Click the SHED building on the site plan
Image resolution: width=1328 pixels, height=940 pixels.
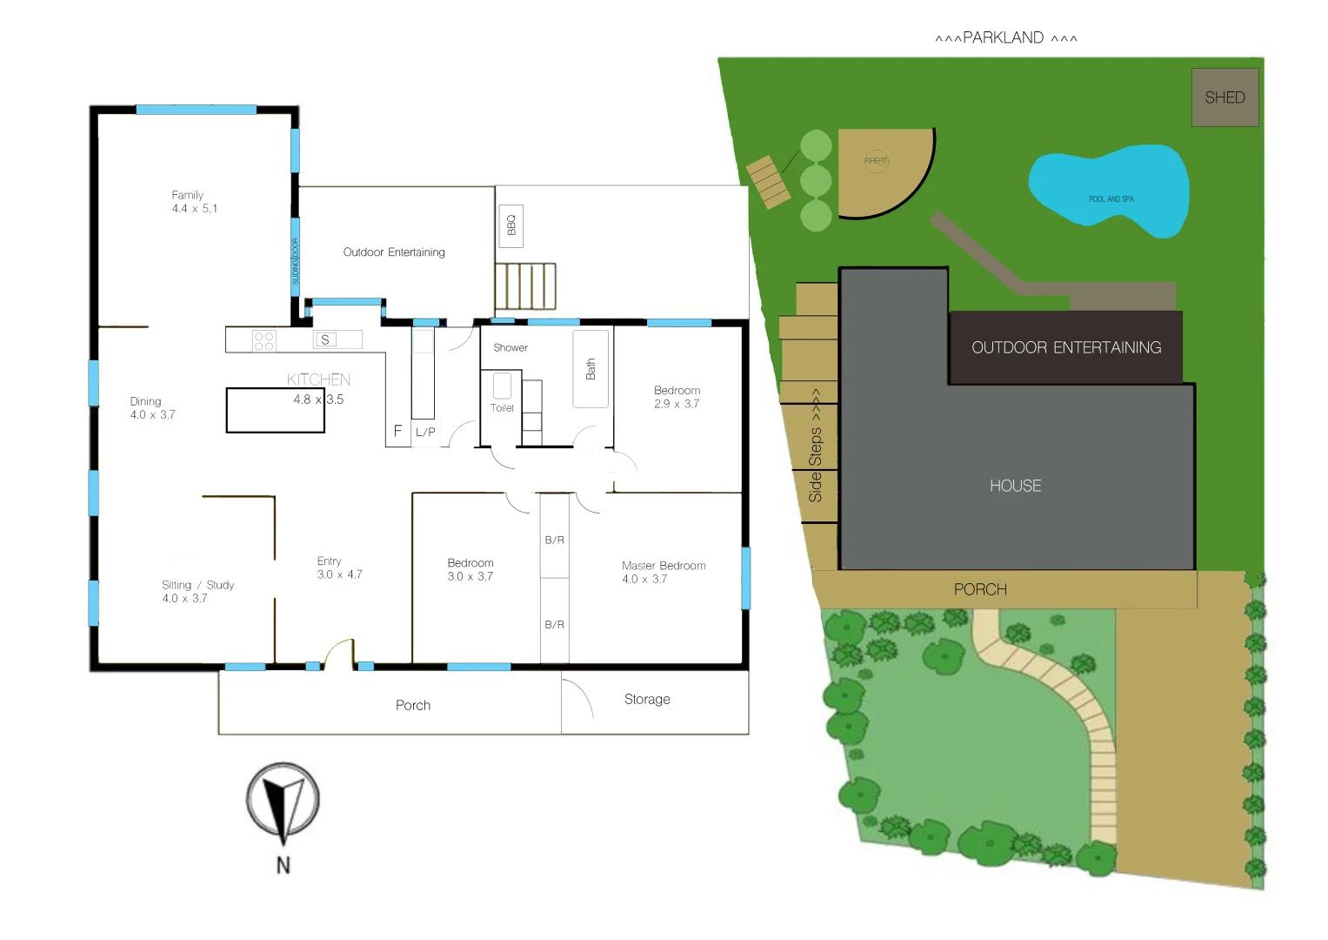click(1225, 97)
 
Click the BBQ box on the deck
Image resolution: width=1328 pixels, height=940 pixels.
click(511, 225)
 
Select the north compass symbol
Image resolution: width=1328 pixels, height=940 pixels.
click(283, 801)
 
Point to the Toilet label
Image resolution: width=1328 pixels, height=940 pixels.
click(502, 407)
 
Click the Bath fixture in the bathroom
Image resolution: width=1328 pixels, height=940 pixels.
click(591, 369)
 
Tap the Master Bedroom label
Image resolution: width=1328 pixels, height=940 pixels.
click(664, 566)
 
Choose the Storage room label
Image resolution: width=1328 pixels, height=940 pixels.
click(647, 699)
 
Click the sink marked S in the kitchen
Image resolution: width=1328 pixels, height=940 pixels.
click(325, 339)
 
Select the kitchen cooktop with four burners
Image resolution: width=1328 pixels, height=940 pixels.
click(264, 340)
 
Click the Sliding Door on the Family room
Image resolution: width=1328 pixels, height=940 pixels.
click(295, 261)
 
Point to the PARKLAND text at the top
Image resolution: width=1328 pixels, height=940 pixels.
click(1004, 37)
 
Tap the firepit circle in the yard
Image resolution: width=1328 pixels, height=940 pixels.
click(876, 160)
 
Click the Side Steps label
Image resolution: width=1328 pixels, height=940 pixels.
click(815, 446)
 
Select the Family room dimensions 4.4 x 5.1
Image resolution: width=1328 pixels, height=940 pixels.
click(195, 209)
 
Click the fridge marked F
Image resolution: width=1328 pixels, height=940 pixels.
click(397, 431)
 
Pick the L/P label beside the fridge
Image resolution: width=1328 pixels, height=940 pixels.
click(425, 432)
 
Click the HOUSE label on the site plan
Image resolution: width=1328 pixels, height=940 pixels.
click(1015, 486)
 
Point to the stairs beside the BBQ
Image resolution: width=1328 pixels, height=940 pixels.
click(525, 286)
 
